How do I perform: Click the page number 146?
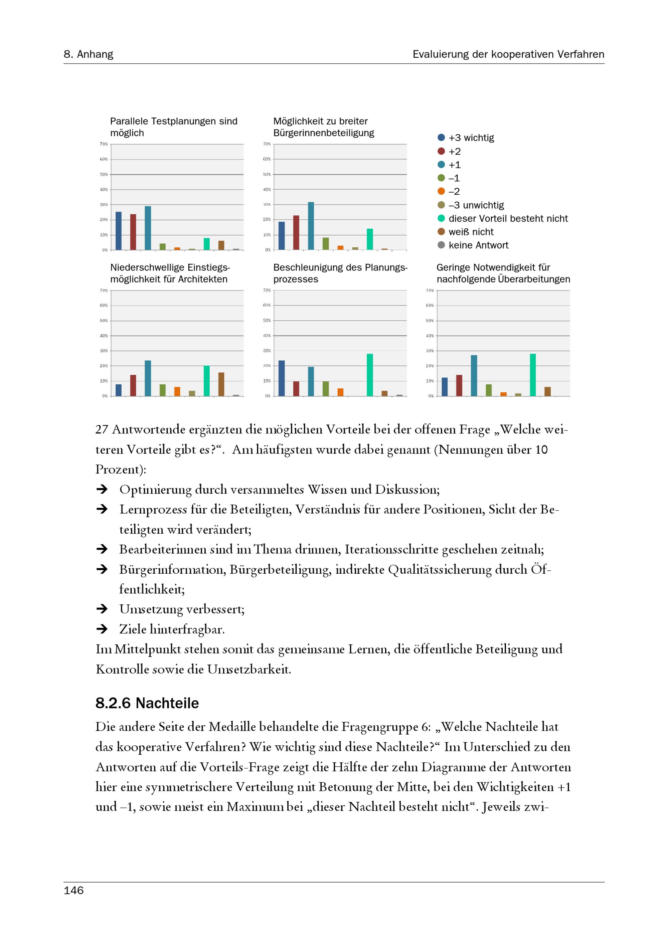[x=74, y=890]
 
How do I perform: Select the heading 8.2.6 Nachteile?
[x=147, y=703]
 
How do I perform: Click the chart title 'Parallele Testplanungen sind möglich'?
[x=173, y=127]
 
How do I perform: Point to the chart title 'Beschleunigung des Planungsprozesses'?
[x=340, y=273]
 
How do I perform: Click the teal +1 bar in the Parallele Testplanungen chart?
[x=148, y=228]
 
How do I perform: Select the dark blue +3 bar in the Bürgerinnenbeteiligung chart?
[x=282, y=236]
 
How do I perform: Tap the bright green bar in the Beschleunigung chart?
[x=370, y=375]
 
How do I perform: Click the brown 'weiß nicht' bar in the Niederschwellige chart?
[x=221, y=384]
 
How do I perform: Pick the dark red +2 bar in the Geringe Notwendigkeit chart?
[x=459, y=386]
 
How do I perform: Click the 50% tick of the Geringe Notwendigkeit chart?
[x=430, y=321]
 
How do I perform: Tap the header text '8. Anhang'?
[x=89, y=54]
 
